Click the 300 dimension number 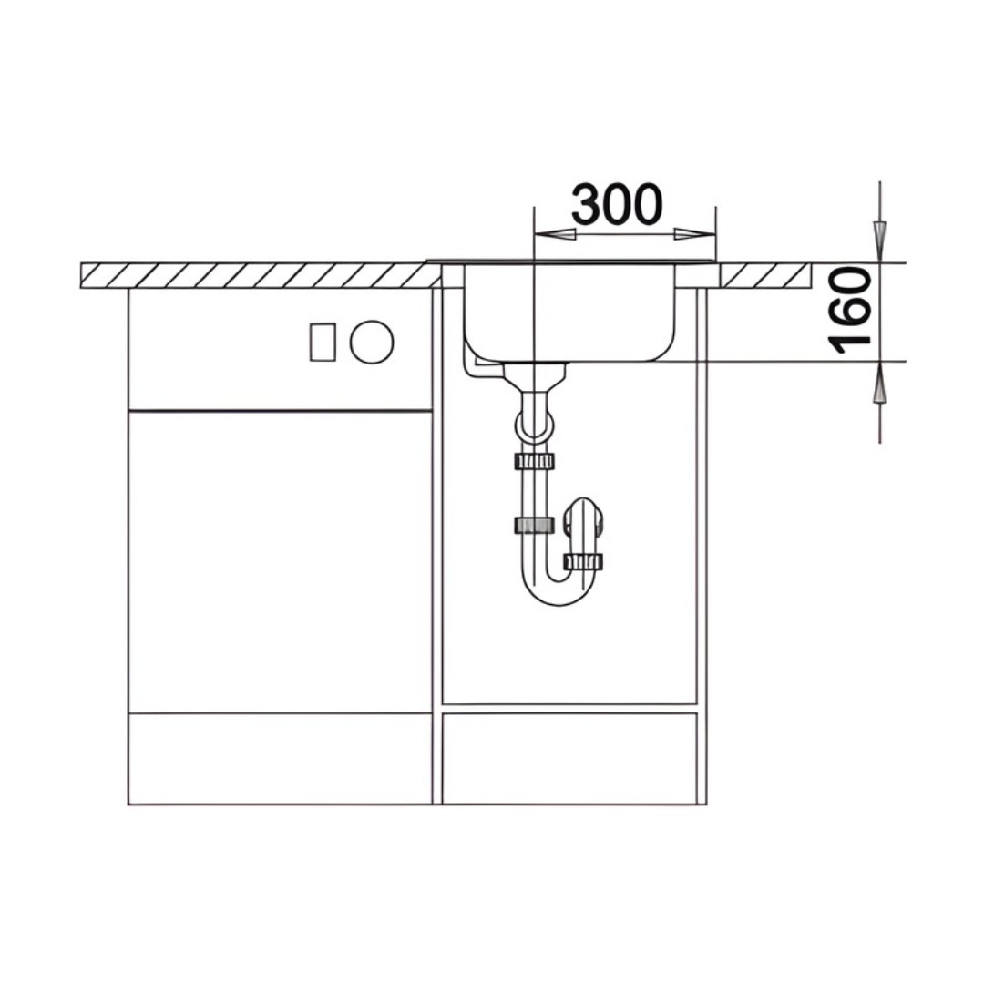coord(616,204)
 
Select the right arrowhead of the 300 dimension coord(694,235)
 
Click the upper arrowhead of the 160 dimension coord(880,241)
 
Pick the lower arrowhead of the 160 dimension coord(880,383)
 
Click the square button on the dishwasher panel coord(323,342)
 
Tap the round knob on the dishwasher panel coord(372,342)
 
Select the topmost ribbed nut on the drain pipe coord(534,461)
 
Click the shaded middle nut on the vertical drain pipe coord(533,526)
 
